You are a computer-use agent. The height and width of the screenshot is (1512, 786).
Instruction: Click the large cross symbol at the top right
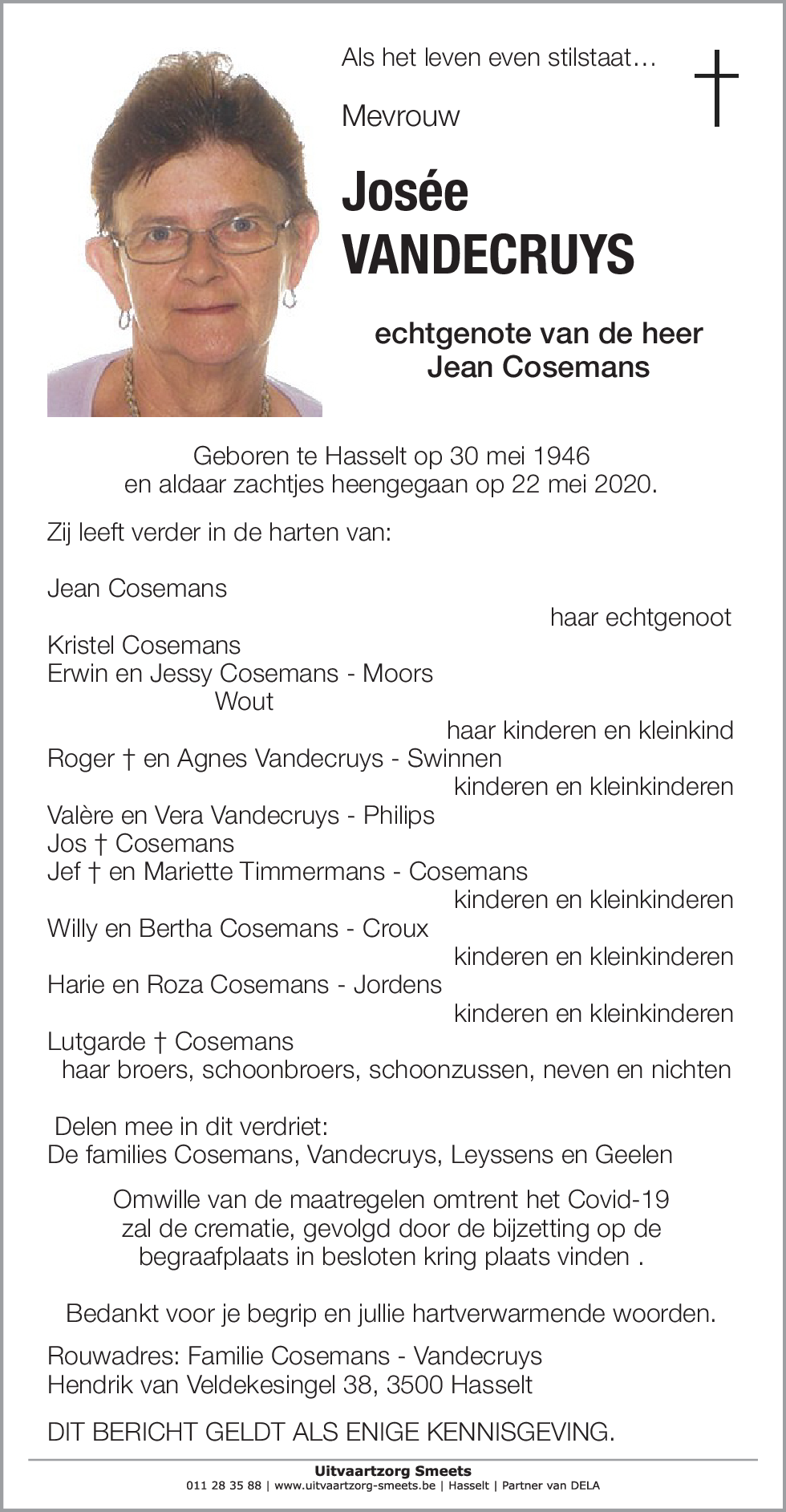pyautogui.click(x=715, y=87)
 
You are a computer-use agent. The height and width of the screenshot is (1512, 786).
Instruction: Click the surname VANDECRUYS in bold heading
pyautogui.click(x=488, y=254)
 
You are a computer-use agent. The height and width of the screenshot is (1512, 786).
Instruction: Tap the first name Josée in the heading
pyautogui.click(x=405, y=193)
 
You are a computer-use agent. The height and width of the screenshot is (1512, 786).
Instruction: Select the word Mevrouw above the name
pyautogui.click(x=400, y=116)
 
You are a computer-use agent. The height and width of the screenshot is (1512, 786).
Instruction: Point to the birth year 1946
pyautogui.click(x=561, y=456)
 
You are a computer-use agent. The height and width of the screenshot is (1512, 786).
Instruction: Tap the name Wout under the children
pyautogui.click(x=245, y=702)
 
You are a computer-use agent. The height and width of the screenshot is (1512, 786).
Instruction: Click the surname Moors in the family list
pyautogui.click(x=398, y=674)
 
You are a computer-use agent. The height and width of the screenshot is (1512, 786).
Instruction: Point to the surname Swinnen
pyautogui.click(x=455, y=759)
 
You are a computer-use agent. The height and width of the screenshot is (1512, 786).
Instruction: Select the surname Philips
pyautogui.click(x=399, y=816)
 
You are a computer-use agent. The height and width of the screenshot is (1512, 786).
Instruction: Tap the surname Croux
pyautogui.click(x=395, y=929)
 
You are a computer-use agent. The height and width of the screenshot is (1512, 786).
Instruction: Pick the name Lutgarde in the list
pyautogui.click(x=96, y=1042)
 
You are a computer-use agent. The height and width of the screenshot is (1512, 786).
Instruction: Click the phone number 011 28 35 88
pyautogui.click(x=224, y=1486)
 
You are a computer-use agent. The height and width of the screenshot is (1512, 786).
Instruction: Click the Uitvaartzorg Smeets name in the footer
pyautogui.click(x=393, y=1471)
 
